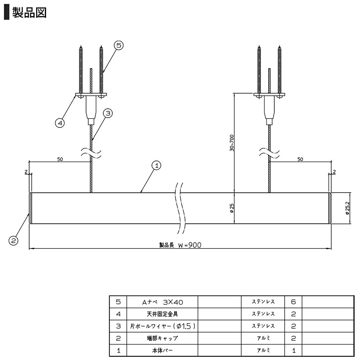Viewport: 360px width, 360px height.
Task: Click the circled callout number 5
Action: point(119,45)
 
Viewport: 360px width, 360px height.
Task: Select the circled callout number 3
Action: point(108,113)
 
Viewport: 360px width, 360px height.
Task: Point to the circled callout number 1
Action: point(156,166)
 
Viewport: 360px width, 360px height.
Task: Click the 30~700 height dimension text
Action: point(232,143)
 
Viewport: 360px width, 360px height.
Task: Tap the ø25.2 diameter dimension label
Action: point(347,208)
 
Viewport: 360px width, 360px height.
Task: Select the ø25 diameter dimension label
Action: point(232,208)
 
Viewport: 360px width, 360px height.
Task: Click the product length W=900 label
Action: point(180,245)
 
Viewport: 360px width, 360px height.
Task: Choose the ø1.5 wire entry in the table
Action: point(163,326)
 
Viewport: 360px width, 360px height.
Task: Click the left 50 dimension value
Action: point(60,159)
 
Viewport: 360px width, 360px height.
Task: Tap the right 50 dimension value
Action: point(300,159)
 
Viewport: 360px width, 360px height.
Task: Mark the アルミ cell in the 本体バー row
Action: point(263,350)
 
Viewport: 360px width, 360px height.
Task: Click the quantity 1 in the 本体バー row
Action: point(293,350)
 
